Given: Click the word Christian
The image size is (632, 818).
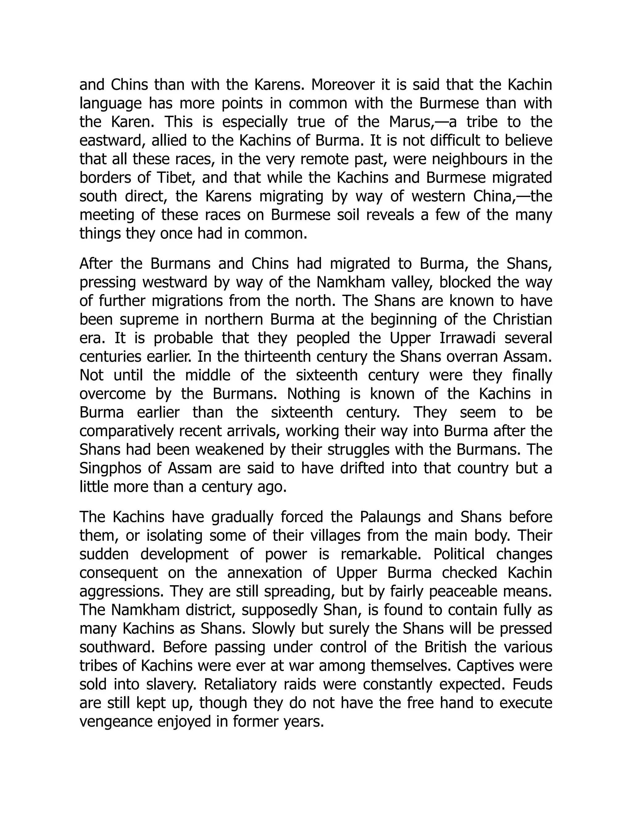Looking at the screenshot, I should [x=522, y=319].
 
